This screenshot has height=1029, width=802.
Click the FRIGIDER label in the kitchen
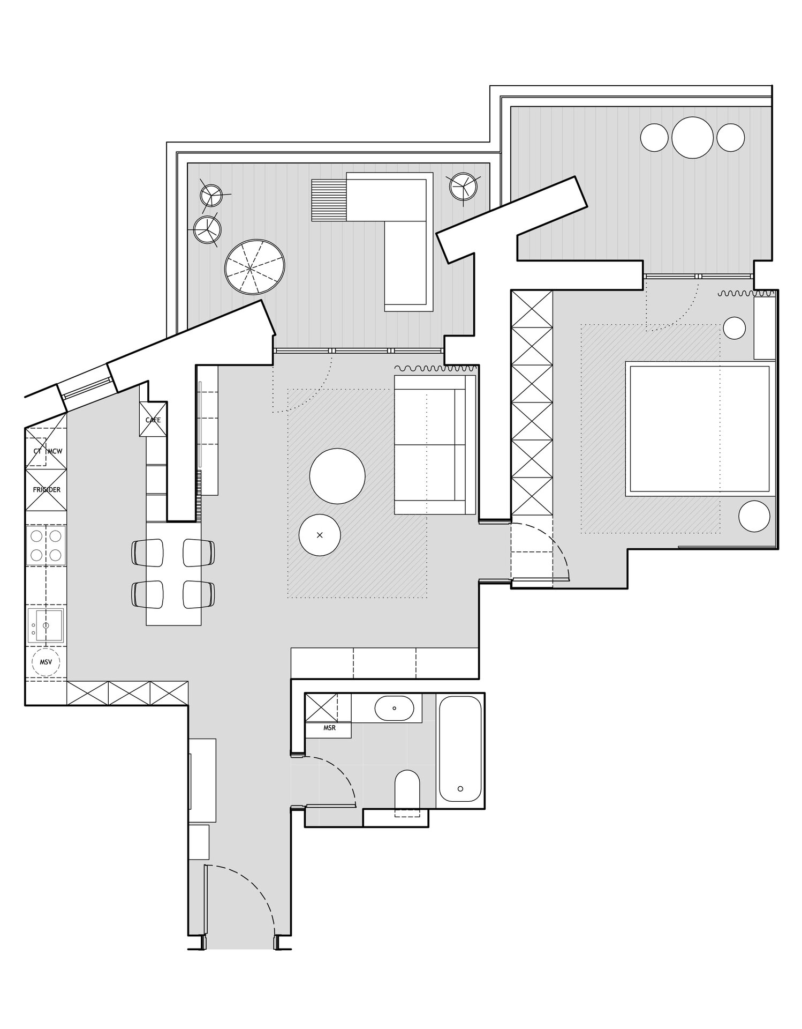click(x=47, y=490)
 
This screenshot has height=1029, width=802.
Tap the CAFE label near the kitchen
click(x=153, y=420)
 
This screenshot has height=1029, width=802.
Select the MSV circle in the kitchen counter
click(x=46, y=662)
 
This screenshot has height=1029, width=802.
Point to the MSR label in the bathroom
click(x=329, y=728)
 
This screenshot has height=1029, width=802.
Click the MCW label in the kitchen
click(x=55, y=451)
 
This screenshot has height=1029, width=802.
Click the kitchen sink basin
click(x=46, y=625)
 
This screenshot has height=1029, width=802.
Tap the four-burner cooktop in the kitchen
click(x=46, y=545)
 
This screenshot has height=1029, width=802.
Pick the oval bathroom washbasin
click(x=394, y=708)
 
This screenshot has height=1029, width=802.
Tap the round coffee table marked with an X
click(x=320, y=535)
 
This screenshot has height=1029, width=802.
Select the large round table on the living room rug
click(x=337, y=476)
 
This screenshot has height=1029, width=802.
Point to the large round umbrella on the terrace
click(x=255, y=267)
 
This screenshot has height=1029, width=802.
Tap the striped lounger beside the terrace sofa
click(x=329, y=200)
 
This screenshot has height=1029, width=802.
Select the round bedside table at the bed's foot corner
click(x=754, y=516)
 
